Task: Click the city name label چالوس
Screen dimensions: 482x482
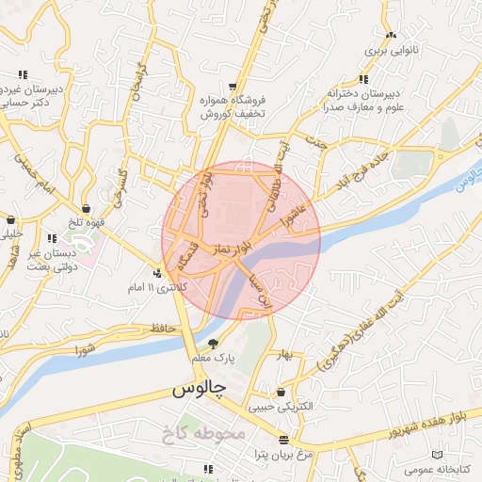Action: click(x=197, y=389)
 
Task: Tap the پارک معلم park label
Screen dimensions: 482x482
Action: click(x=212, y=358)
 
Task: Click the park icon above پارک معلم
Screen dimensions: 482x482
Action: click(x=213, y=343)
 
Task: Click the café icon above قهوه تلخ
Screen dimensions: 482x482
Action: click(x=87, y=209)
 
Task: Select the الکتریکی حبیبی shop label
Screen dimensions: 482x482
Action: click(x=281, y=408)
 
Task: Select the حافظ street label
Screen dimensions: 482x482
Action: click(x=156, y=328)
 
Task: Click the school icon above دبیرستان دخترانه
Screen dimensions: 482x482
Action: click(x=364, y=79)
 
